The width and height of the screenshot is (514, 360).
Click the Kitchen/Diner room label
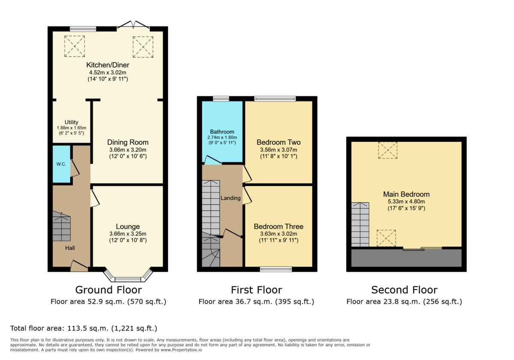108,65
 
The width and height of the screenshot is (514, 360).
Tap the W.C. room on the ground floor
61,165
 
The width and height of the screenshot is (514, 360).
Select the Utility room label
72,122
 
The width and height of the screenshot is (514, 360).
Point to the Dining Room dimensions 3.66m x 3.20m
128,150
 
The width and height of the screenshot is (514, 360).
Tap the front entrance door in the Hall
79,267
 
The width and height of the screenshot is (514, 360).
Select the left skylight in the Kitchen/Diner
75,46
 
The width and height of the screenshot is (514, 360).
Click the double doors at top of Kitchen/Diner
133,25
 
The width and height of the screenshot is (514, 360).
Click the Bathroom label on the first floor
222,132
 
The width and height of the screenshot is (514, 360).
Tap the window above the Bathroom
221,99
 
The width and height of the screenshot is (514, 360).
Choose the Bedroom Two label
278,142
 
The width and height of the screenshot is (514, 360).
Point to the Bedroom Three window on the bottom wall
276,269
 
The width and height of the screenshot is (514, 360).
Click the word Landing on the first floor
230,198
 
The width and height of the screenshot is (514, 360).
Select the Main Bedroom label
406,194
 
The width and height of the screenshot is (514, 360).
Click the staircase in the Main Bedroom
360,225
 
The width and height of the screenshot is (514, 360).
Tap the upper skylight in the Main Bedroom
388,150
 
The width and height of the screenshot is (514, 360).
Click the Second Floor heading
404,290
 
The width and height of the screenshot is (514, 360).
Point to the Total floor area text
84,329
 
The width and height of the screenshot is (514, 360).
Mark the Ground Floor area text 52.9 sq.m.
108,302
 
